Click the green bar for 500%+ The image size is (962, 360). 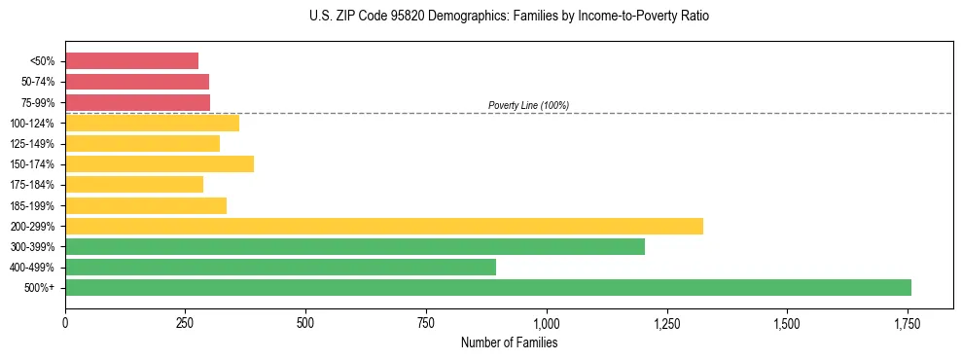[488, 287]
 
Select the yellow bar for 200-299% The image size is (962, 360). [384, 226]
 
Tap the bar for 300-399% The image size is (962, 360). [355, 246]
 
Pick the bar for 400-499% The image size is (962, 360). [280, 267]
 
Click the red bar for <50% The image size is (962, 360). [131, 61]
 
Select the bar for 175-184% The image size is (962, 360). [134, 184]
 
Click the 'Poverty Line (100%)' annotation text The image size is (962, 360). [528, 105]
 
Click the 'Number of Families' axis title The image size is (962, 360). [509, 342]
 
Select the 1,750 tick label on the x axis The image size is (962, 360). [908, 322]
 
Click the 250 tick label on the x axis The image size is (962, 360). [186, 322]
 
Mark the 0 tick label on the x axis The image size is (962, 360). [65, 322]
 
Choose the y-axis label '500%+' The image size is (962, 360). [39, 288]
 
